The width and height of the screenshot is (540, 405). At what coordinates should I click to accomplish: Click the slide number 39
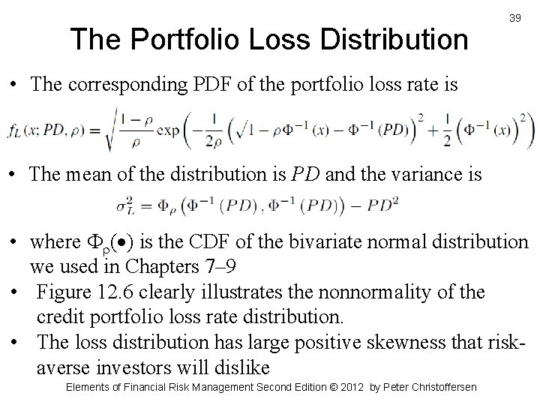pyautogui.click(x=514, y=17)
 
